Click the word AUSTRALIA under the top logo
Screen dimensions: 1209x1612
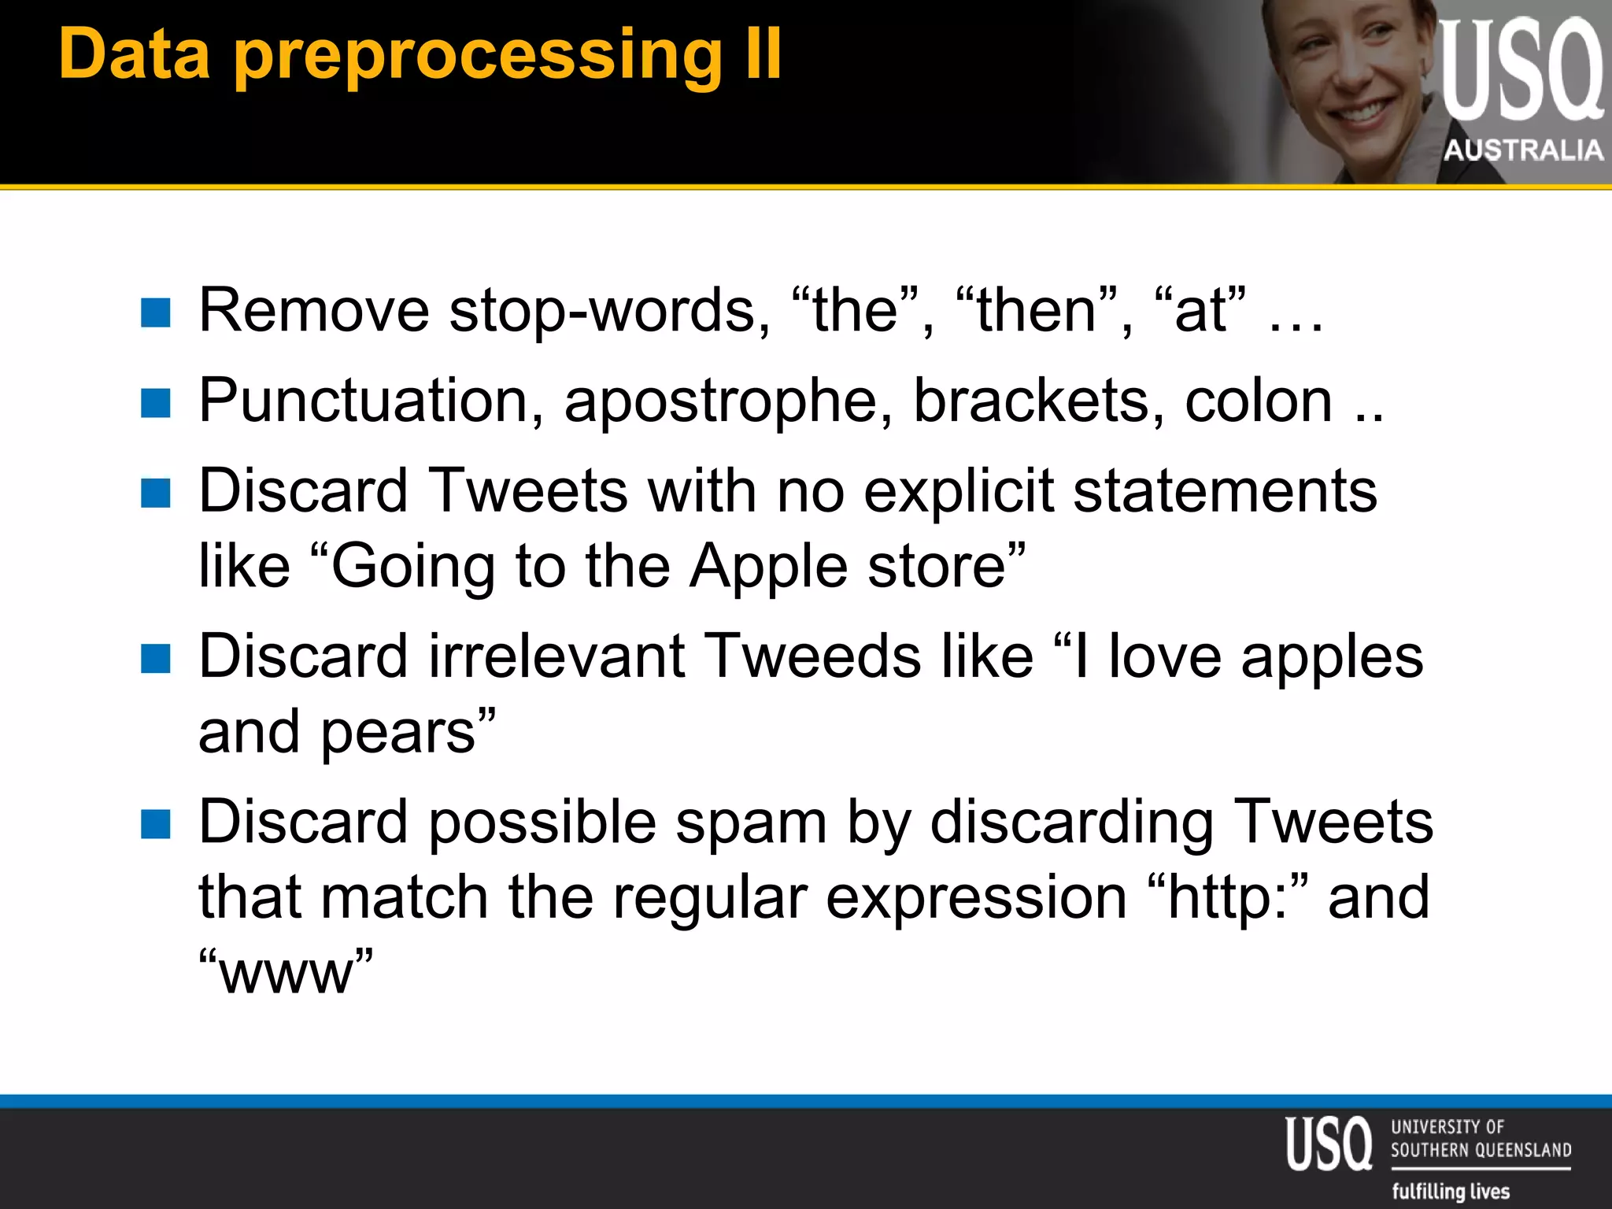click(1523, 150)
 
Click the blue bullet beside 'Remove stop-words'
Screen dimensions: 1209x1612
click(156, 312)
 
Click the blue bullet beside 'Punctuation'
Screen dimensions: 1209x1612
click(156, 404)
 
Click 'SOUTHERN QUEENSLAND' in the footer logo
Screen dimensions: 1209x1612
click(1481, 1150)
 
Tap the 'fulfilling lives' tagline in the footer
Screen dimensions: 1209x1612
click(1451, 1191)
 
